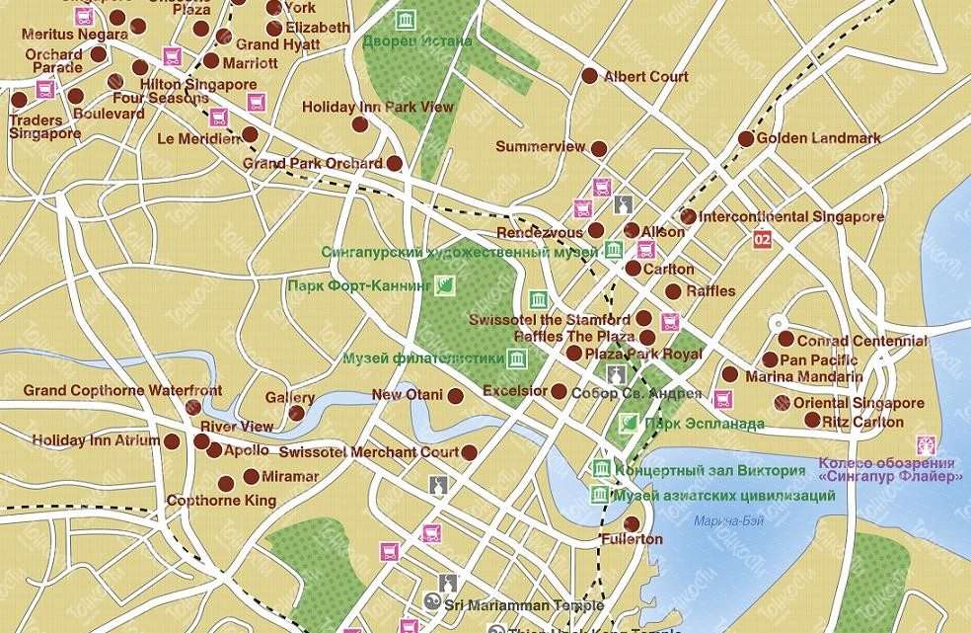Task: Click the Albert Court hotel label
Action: [645, 76]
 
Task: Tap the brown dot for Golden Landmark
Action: [746, 138]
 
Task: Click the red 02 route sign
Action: [761, 239]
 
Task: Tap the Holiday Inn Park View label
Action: [378, 107]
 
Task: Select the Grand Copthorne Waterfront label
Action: [122, 391]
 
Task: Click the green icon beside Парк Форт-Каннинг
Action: [446, 286]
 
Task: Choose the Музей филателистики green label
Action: [423, 357]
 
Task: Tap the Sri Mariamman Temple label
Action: [524, 604]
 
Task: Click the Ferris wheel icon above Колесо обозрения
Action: [925, 444]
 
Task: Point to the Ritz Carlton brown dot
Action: [812, 421]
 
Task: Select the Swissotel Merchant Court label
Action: [369, 451]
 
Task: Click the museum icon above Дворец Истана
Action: [405, 20]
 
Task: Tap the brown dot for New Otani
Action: [455, 396]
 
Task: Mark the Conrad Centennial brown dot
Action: [785, 339]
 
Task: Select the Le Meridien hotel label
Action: [198, 138]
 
